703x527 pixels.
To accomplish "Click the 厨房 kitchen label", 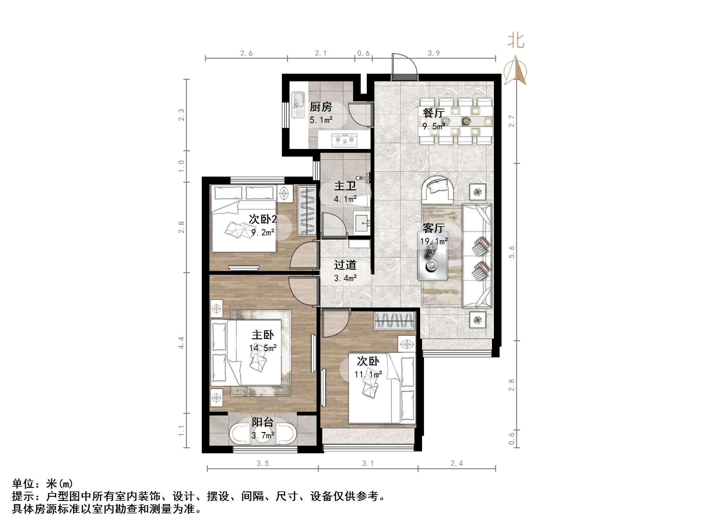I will coord(321,107).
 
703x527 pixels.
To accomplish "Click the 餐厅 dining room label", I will coord(433,113).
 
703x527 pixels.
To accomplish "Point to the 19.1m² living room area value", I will coord(434,241).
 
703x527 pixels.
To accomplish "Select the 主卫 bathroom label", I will coord(345,186).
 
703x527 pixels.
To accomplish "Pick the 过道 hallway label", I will coord(345,265).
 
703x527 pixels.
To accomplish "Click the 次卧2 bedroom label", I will coord(263,219).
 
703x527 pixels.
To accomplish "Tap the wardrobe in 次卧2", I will coord(306,211).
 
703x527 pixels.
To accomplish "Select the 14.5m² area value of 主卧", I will coord(263,348).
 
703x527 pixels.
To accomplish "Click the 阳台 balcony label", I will coord(263,422).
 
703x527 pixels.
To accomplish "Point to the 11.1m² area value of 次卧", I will coord(368,375).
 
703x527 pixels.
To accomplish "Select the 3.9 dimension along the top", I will coord(433,53).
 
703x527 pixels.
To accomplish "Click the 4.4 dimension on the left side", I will coord(181,343).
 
